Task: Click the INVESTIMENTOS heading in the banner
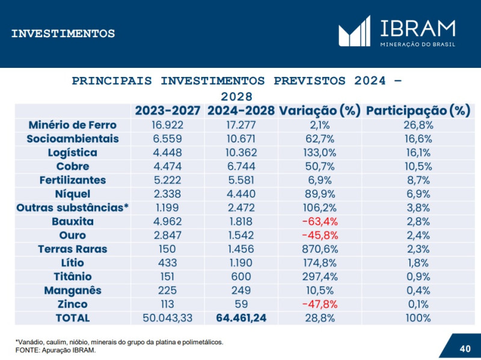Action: [x=63, y=34]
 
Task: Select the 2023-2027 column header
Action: [x=168, y=111]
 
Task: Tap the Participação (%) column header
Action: [x=418, y=111]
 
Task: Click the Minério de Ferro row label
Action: [x=72, y=125]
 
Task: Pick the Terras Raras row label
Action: [x=72, y=249]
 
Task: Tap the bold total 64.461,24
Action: [x=241, y=318]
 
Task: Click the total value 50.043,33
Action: [x=168, y=318]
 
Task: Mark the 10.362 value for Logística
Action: [x=241, y=153]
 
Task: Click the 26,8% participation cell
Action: [x=418, y=125]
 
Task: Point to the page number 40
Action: [x=465, y=349]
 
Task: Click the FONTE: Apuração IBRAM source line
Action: [x=55, y=350]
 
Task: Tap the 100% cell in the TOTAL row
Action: [x=418, y=318]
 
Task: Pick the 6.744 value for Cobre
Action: [x=241, y=166]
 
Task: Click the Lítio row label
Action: [x=72, y=263]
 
